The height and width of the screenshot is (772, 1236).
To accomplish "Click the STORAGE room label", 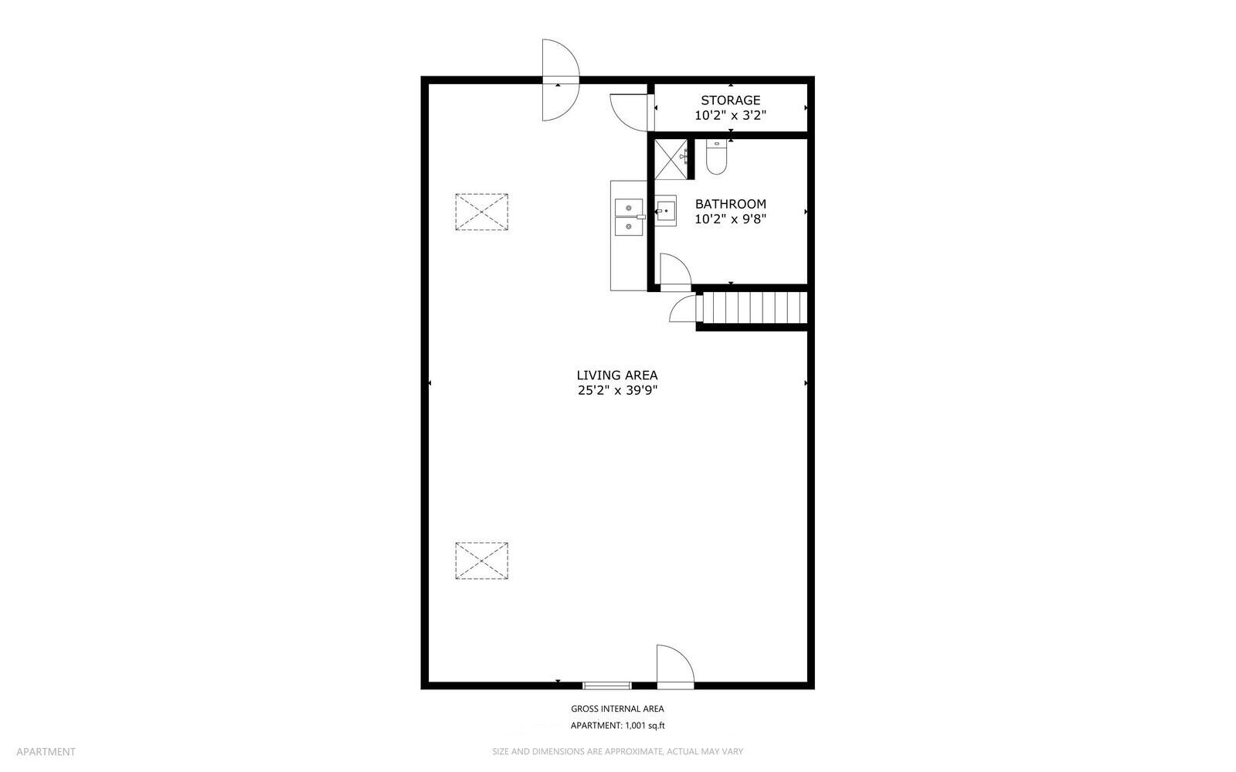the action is coord(730,100).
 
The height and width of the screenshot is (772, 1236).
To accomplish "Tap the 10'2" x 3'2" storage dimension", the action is coord(730,115).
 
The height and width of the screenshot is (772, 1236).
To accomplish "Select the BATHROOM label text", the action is coord(730,203).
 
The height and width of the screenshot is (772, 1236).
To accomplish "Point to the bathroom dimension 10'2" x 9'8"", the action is coord(730,219).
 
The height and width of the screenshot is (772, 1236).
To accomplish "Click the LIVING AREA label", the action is coord(617,376).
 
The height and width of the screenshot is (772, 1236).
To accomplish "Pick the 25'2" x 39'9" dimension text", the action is coord(617,390).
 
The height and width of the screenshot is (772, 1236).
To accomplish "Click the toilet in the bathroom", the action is coord(716,158).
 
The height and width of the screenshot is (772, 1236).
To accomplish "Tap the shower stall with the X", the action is coord(671,159).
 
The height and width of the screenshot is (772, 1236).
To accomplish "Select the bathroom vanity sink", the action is coord(665,211).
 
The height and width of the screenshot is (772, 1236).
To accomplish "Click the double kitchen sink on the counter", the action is coord(629,217).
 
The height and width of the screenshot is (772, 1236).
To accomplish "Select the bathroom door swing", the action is coord(675,272).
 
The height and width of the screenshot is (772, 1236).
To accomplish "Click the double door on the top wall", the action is coord(561,80).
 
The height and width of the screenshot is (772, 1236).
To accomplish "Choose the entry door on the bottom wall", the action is coord(675,667).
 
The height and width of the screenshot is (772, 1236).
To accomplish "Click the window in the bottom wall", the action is coord(607,686).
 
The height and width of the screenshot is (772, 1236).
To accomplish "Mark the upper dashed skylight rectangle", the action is coord(482,212).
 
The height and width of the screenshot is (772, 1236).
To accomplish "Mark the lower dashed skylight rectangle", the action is coord(482,561).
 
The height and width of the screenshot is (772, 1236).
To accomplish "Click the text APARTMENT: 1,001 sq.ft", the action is coord(617,726).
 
